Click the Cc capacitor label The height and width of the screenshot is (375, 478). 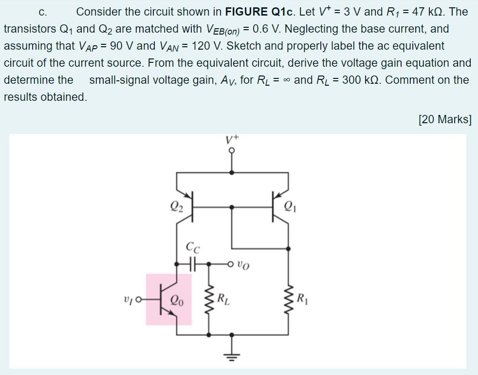coord(192,247)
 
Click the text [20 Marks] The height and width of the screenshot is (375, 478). coord(444,119)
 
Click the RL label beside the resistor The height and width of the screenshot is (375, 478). coord(223,297)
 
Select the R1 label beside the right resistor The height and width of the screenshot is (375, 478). coord(302,297)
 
